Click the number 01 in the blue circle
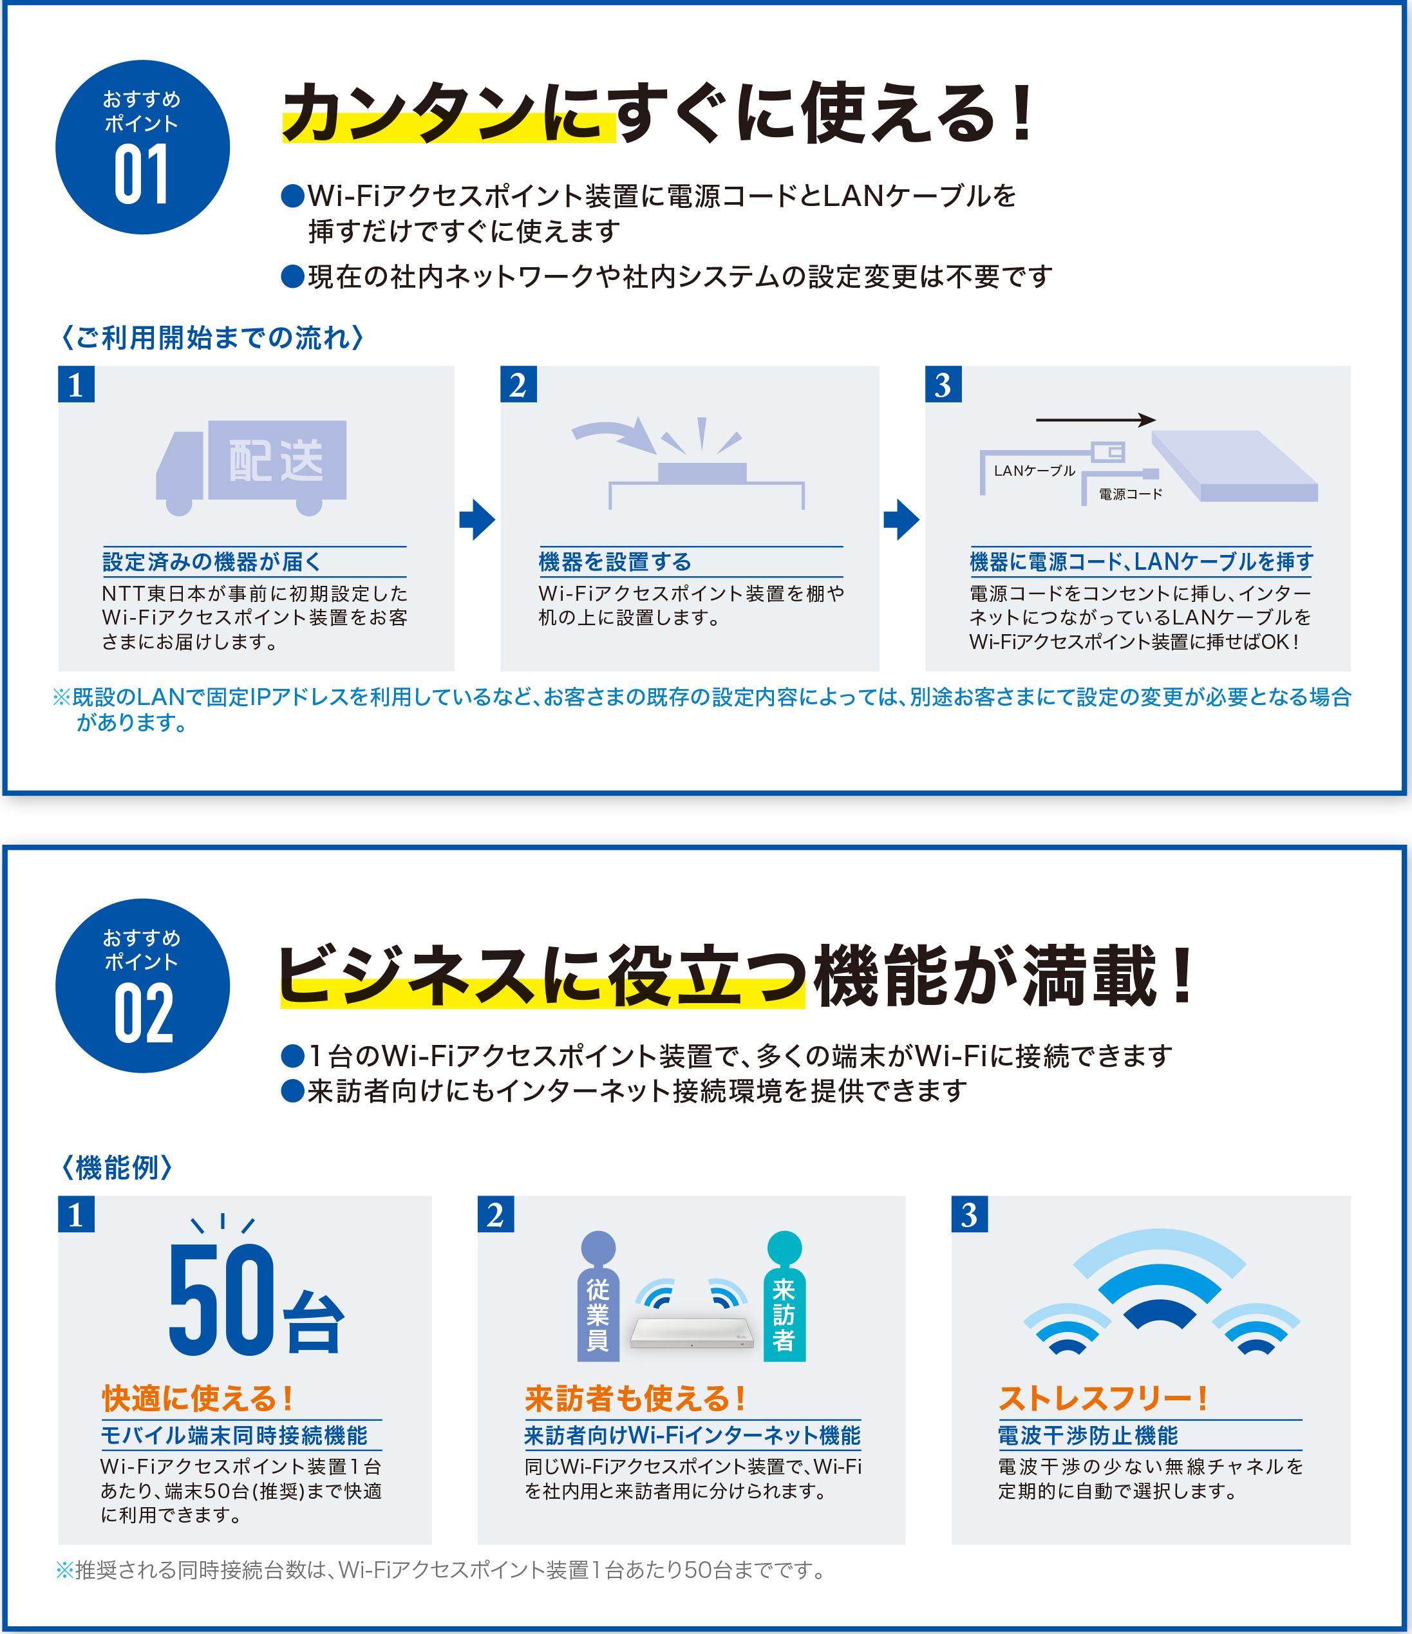pos(142,174)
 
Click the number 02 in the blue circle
pos(143,1013)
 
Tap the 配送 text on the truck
pos(276,462)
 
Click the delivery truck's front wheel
pos(180,503)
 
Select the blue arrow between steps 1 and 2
pos(477,519)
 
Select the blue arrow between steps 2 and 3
pos(901,519)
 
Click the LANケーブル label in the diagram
pos(1034,471)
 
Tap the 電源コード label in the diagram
pos(1131,494)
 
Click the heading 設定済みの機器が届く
pos(211,561)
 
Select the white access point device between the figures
pos(692,1333)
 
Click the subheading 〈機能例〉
pos(117,1167)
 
